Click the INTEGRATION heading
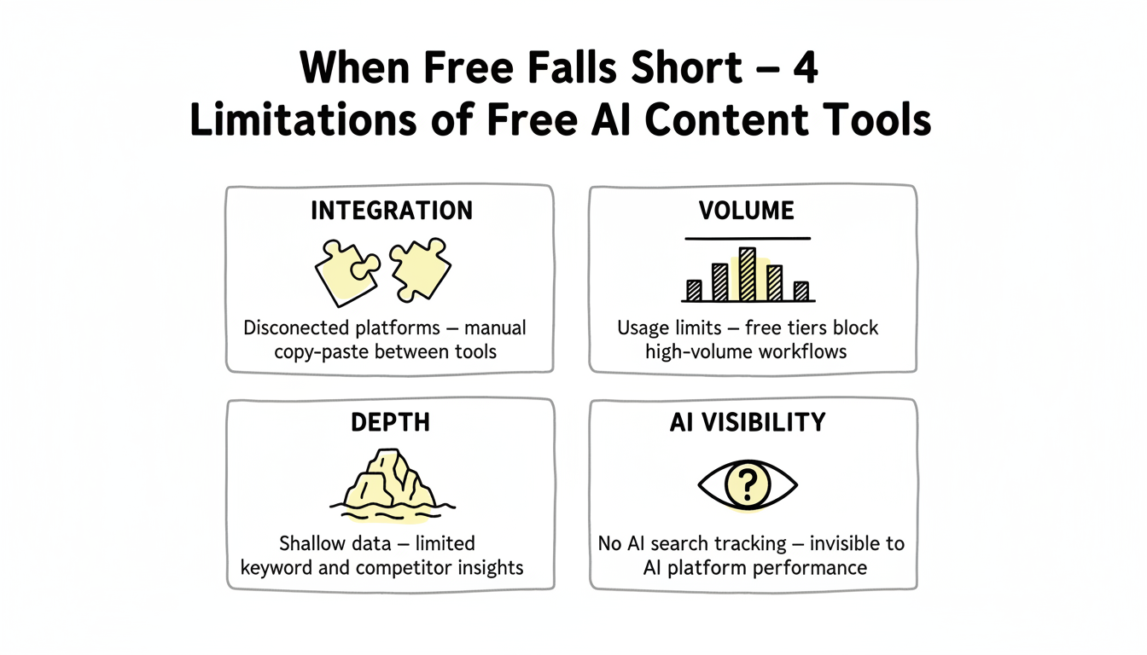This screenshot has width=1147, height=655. click(x=390, y=211)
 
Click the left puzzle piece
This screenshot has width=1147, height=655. click(x=346, y=272)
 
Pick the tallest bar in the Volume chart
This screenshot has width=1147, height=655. click(x=748, y=274)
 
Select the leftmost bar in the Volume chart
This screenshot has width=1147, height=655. click(x=694, y=290)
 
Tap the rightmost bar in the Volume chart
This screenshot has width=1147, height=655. click(x=801, y=291)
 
